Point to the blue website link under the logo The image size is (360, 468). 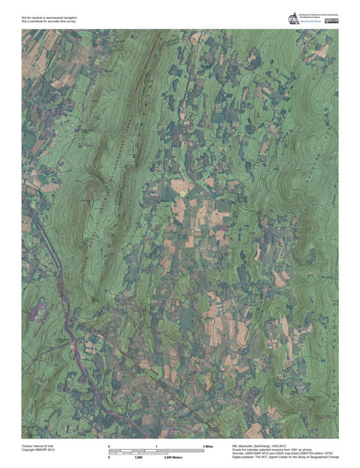coord(308,24)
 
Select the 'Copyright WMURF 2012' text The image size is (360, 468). coord(37,450)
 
